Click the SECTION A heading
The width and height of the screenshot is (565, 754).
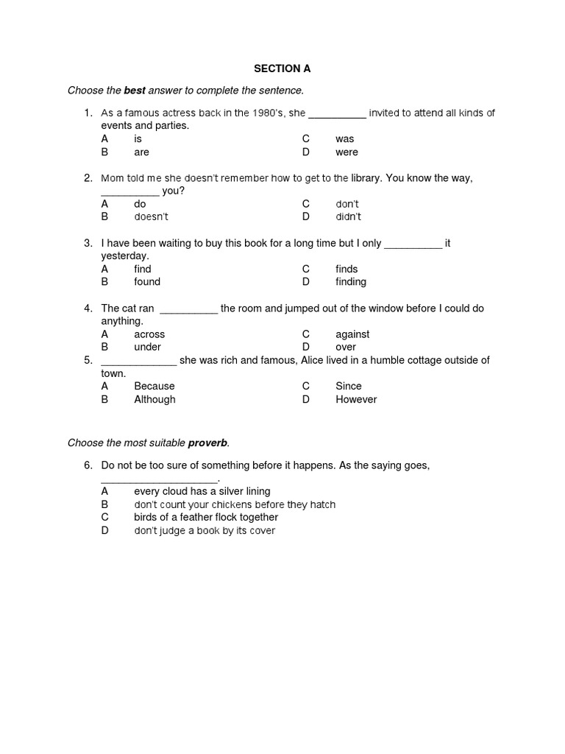(x=282, y=68)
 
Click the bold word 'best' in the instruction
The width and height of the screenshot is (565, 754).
(x=134, y=91)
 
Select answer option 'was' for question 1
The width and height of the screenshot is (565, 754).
(x=344, y=139)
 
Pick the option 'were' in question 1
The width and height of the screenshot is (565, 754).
(x=347, y=152)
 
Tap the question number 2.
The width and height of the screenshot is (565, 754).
(x=88, y=178)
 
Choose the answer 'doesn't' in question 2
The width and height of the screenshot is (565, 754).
(x=151, y=217)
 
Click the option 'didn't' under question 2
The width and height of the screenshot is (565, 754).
(x=348, y=217)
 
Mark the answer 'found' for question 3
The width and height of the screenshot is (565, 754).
(x=147, y=282)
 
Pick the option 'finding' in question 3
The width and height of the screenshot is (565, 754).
(x=351, y=282)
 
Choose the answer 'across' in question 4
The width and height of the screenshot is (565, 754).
(x=149, y=334)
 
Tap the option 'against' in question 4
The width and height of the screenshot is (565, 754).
(x=352, y=334)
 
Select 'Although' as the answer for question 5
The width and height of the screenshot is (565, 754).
(x=154, y=400)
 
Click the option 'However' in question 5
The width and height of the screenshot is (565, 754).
(x=356, y=400)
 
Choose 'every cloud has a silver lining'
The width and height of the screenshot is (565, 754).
(x=202, y=491)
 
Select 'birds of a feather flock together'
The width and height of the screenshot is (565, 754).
(x=206, y=518)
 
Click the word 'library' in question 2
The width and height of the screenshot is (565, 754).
(x=366, y=178)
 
